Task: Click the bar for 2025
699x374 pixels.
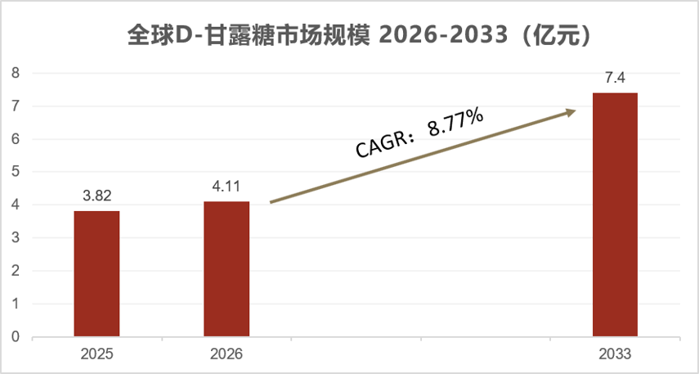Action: coord(96,273)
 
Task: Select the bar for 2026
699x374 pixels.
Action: coord(226,268)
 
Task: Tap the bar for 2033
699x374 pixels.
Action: coord(615,214)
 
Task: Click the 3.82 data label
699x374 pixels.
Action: coord(96,196)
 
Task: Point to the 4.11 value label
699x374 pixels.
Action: coord(226,186)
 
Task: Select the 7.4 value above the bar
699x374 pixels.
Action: coord(615,78)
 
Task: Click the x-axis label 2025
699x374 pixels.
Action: coord(96,354)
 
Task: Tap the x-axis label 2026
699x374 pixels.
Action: coord(226,354)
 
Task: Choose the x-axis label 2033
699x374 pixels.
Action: coord(615,354)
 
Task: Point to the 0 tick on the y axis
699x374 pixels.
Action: coord(16,337)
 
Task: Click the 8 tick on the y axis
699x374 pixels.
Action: coord(16,73)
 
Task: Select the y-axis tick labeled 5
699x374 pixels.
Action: coord(16,172)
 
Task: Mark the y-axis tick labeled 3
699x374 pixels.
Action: coord(16,238)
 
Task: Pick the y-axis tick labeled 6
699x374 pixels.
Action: coord(16,139)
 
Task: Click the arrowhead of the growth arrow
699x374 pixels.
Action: coord(571,112)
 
